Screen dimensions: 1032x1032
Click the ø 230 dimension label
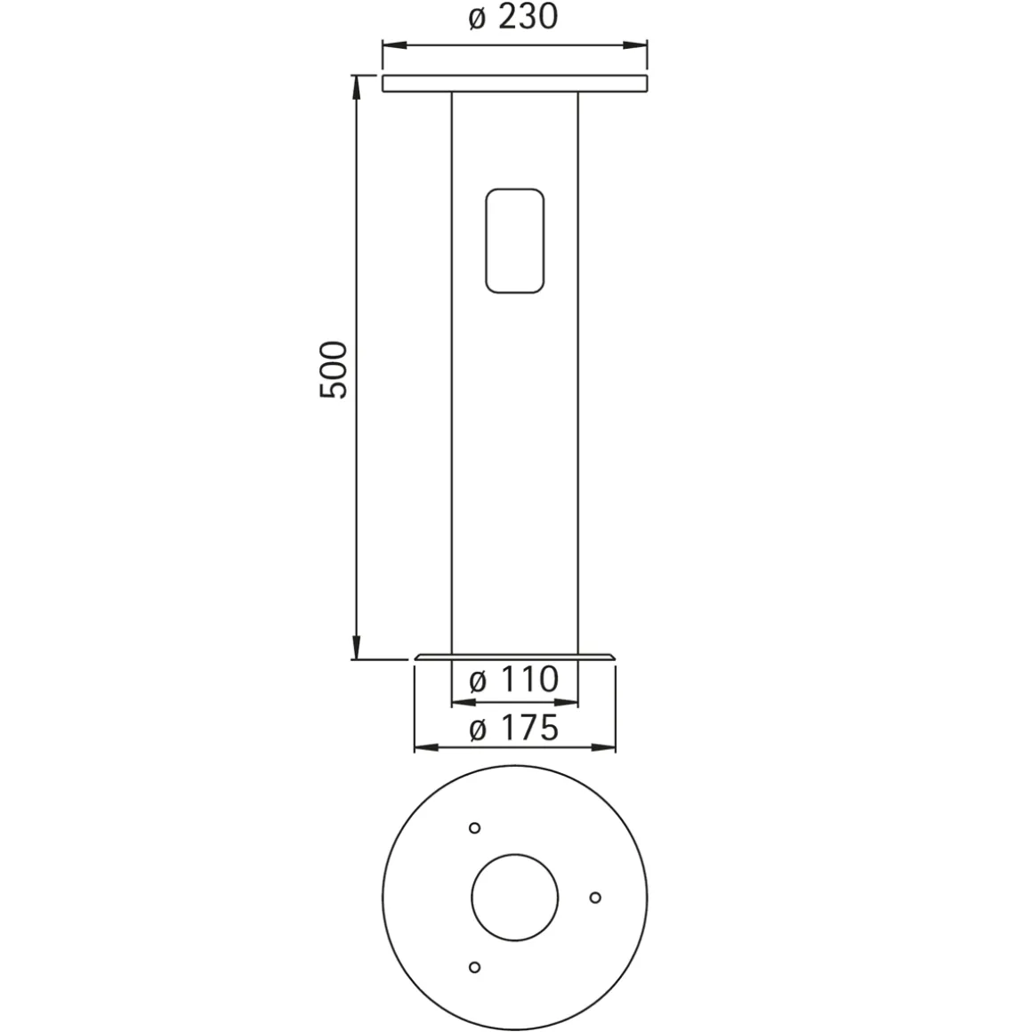(x=513, y=17)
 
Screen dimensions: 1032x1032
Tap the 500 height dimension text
(x=333, y=369)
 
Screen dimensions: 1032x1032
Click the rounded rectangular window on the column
(x=515, y=241)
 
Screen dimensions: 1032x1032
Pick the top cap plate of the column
(x=515, y=84)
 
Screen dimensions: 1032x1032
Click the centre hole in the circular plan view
(x=515, y=897)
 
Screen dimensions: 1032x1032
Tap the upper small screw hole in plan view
(x=474, y=828)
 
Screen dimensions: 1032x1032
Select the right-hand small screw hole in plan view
(x=595, y=897)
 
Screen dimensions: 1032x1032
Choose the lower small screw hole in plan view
(x=474, y=967)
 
